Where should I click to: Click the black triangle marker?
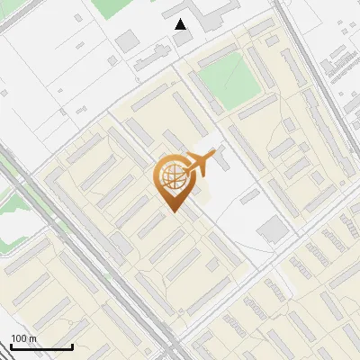pos(181,24)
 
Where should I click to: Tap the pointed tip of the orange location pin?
pos(172,211)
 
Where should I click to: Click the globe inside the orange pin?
pos(171,178)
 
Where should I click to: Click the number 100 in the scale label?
pos(19,338)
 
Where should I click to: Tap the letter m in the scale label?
pos(33,338)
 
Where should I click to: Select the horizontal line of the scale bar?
pos(41,347)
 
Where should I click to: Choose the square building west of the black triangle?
pos(128,40)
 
